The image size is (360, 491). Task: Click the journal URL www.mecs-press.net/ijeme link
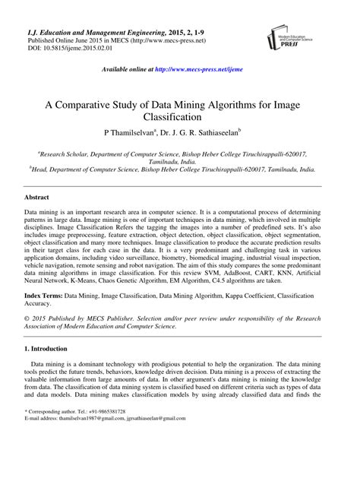(210, 69)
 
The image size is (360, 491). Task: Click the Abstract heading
(40, 196)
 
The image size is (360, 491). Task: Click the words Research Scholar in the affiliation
(63, 152)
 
